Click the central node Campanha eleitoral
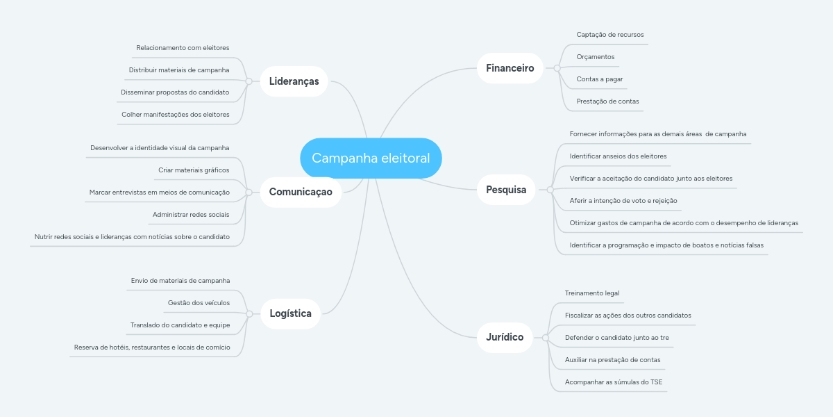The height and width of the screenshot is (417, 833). coord(371,158)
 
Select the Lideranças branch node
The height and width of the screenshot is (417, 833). coord(294,81)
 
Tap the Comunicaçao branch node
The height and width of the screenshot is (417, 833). coord(301,192)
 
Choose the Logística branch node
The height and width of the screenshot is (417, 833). coord(290,313)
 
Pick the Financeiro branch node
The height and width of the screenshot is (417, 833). coord(510,68)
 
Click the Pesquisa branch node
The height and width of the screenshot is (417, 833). coord(506,190)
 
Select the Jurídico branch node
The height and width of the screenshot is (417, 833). coord(505,338)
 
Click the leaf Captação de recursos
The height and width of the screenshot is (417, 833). coord(609,35)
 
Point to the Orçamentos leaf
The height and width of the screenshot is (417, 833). coord(595,57)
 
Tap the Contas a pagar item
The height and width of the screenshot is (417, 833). coord(599,79)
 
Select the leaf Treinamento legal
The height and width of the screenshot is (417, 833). coord(592,293)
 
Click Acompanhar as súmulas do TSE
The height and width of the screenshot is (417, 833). coord(614,382)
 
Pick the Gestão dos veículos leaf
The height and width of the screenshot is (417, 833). coord(199,303)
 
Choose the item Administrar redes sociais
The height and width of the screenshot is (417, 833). coord(191,215)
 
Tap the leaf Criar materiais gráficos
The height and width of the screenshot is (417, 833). coord(194,170)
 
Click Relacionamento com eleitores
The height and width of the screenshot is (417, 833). coord(183,48)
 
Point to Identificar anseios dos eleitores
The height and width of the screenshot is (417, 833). coord(618,156)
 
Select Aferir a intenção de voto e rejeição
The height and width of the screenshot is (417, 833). coord(623,201)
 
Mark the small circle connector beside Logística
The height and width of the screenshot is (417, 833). coord(249,314)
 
